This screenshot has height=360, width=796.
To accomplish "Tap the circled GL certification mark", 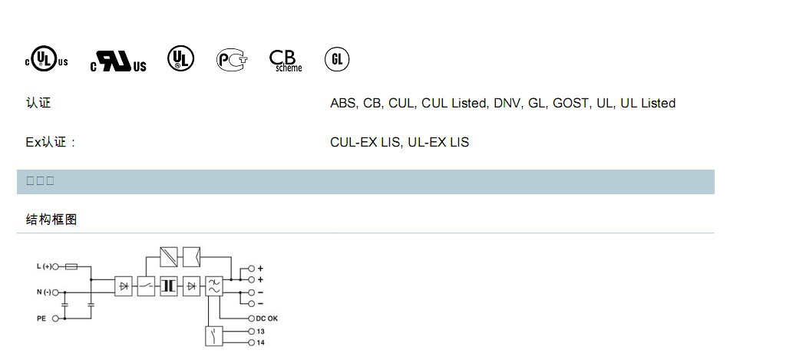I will coord(336,59).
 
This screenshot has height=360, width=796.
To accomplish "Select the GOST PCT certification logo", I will coord(232,59).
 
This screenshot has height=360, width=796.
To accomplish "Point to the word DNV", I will coord(507,103).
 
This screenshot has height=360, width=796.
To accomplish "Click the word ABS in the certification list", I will coord(343,103).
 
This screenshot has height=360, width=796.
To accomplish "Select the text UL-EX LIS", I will coord(438,142).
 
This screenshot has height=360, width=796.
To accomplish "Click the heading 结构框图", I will coord(51,220).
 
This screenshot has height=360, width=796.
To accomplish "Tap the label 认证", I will coord(38,103).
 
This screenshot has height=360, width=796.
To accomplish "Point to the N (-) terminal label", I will coord(44,292).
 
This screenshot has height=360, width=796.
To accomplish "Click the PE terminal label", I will coord(41,318).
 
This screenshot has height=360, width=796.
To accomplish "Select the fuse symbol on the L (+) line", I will coord(71,267).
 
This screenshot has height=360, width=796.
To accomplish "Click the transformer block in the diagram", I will coord(169,286).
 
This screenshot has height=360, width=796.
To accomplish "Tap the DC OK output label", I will coord(266,318).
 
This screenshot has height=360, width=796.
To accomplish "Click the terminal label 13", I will coord(261,332).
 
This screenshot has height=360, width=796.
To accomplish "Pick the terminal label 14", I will coord(261,342).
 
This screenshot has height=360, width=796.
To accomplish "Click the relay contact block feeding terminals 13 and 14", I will coord(214,336).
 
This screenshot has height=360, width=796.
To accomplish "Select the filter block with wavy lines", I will coord(214,286).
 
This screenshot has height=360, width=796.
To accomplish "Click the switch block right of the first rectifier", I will coord(146,286).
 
